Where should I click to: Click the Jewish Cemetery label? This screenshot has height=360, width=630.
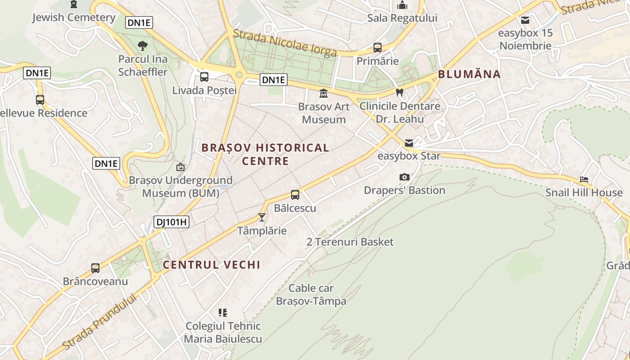coord(74,18)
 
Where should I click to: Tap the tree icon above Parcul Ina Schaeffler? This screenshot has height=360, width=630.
coord(143,45)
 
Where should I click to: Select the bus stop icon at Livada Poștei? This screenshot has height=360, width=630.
coord(204,76)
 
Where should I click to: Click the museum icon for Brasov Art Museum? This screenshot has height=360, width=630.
coord(324,94)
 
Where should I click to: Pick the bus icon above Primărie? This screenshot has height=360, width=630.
coord(378,47)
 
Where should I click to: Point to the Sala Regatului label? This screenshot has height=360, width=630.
coord(402,18)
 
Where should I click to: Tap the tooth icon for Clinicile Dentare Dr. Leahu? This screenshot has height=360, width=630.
coord(399,93)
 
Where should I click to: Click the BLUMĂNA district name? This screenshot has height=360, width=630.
coord(469,74)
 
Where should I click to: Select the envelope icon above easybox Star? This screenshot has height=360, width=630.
coord(409,143)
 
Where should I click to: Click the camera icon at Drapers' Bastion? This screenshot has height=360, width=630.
coord(405,177)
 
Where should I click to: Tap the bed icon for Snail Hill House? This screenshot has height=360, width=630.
coord(584,180)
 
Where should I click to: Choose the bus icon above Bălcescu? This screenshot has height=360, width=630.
coord(295,195)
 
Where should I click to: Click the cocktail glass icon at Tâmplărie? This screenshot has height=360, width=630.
coord(262,217)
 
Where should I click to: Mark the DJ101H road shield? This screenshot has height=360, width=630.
coord(171,222)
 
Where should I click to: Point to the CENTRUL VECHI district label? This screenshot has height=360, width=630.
coord(211,265)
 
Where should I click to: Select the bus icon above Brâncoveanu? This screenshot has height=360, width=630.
coord(95,268)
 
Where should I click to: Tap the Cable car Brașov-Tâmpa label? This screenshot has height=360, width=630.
coord(311,294)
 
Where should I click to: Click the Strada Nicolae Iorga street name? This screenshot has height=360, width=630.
coord(285,43)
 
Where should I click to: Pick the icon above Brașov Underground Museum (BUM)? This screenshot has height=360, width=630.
coord(180,167)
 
